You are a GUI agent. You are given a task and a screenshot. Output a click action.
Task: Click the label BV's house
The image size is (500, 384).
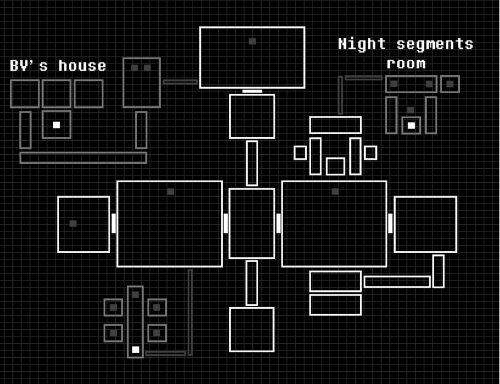58,66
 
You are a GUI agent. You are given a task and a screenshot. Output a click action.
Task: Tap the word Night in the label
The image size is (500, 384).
362,44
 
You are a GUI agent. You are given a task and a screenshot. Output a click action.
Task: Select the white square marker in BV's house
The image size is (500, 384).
57,125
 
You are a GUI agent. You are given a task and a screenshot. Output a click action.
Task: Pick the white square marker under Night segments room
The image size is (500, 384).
411,126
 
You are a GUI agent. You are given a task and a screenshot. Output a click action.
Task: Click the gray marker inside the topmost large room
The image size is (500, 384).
252,41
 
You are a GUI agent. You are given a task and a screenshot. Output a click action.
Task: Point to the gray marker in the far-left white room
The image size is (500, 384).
73,224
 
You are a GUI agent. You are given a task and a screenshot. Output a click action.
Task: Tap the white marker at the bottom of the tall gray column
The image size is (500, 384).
135,350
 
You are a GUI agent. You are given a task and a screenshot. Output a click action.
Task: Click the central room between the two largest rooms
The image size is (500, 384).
252,223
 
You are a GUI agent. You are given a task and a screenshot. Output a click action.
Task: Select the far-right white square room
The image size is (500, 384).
425,224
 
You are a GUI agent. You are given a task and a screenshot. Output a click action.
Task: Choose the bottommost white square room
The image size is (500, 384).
252,330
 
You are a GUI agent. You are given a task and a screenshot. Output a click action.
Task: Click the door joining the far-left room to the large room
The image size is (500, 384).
113,223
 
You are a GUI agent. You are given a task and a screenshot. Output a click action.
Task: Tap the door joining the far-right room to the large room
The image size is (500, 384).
390,223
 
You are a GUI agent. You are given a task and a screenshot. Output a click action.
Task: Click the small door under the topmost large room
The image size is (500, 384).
252,91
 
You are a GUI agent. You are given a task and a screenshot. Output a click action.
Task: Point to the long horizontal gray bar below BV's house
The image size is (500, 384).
83,158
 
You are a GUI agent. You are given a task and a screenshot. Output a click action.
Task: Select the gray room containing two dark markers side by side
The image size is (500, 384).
141,83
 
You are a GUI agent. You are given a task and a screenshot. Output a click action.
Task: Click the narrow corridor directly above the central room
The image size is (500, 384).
252,163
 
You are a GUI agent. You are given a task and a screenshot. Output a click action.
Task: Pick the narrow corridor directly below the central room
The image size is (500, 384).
252,283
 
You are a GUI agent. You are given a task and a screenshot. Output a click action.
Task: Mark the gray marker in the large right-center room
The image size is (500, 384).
335,191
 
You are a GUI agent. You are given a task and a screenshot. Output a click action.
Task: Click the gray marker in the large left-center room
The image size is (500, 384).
171,191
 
